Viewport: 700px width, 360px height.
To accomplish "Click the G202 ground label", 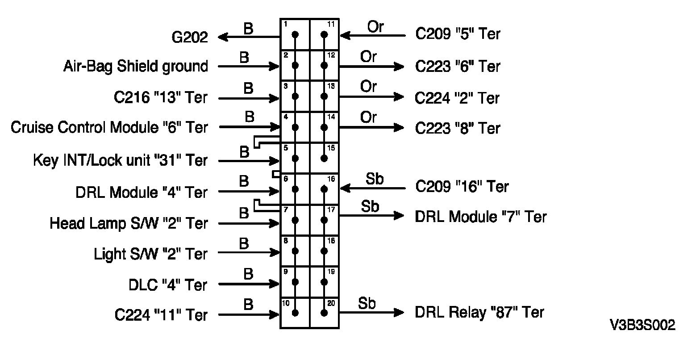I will point(190,38).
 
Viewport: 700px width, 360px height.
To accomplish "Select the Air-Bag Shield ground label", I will point(136,67).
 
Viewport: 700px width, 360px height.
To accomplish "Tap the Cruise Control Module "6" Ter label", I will point(109,128).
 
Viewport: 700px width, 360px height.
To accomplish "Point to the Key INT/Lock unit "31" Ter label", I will point(121,160).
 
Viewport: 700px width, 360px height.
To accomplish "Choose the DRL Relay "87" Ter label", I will point(479,312).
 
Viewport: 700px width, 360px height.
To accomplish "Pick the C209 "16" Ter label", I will point(462,186).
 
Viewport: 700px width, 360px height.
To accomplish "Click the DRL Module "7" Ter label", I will point(481,217).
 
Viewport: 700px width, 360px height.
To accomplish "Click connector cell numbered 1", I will point(295,34).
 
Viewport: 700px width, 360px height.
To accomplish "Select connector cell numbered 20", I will point(325,313).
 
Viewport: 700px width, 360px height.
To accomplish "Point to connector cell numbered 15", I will point(325,158).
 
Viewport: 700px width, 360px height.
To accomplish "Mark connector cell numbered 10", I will point(295,313).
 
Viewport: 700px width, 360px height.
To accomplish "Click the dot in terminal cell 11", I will point(325,34).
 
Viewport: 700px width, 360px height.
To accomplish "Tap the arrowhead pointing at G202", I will point(222,38).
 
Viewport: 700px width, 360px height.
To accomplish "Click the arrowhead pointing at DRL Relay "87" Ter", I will point(398,313).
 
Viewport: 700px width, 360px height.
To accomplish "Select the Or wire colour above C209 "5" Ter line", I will point(375,27).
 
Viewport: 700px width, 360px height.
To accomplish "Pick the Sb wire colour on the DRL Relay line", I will point(367,303).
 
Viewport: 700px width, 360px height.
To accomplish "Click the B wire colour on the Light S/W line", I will point(244,244).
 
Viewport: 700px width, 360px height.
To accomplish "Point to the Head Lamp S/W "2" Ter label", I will point(129,223).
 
